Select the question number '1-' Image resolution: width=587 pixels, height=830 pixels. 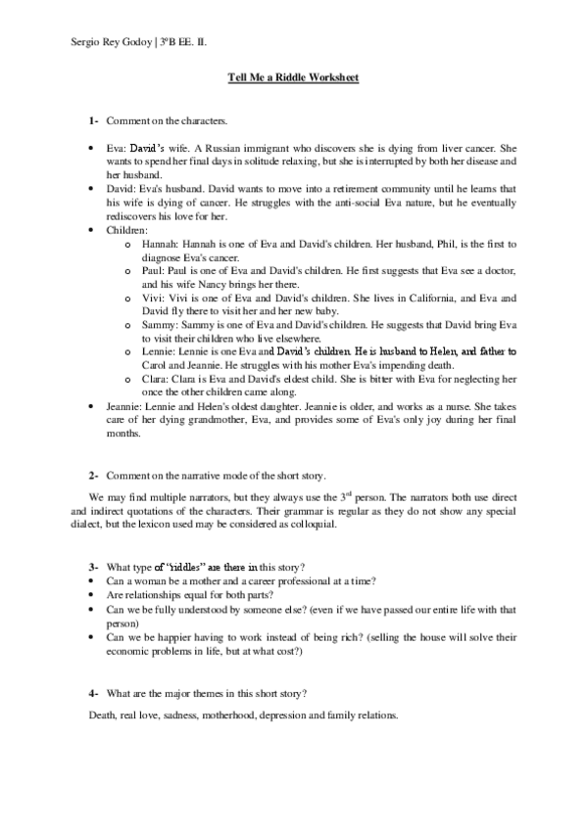92,120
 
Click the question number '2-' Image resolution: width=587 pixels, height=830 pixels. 92,474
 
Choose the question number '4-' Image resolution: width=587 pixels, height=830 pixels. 92,693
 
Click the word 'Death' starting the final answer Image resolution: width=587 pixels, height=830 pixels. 103,715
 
